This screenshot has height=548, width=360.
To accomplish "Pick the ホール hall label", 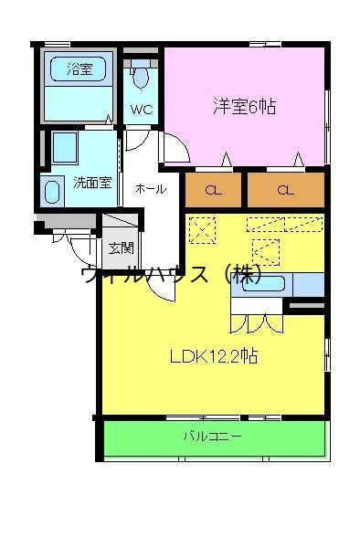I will pos(150,189).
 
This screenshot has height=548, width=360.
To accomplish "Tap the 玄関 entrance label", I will pos(121,248).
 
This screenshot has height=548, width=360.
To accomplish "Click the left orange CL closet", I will pos(213,191).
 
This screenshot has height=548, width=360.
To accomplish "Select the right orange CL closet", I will pos(285,191).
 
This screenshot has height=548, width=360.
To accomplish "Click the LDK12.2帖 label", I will pos(213,356).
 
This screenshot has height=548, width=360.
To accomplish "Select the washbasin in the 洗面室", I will pos(51,191).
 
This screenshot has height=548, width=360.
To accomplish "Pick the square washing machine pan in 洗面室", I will pos(65,148).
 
